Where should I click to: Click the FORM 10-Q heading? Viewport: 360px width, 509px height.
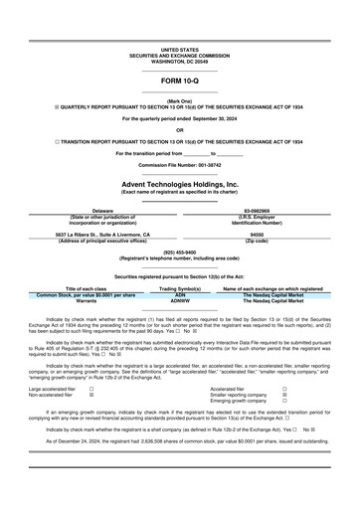pos(179,80)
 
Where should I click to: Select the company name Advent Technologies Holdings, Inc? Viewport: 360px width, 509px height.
pos(179,185)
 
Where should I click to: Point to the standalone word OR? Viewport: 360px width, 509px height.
pos(179,130)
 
